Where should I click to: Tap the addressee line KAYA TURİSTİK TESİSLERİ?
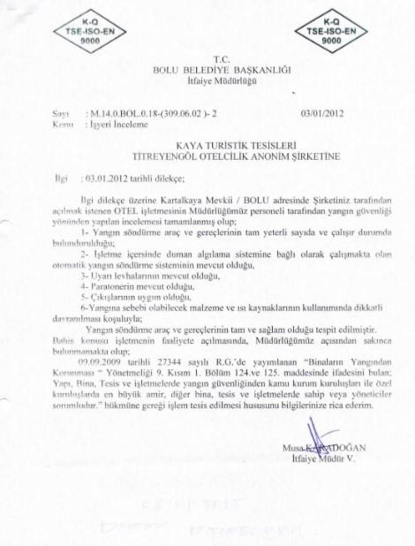[237, 145]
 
